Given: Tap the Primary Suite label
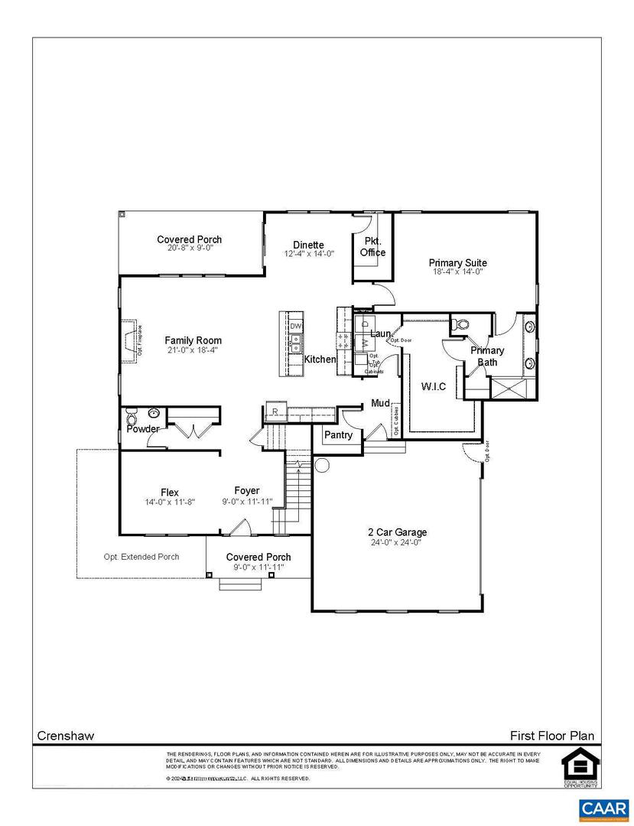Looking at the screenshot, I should click(457, 263).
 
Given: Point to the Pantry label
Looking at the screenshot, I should click(338, 435).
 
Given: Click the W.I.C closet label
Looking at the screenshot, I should click(434, 387).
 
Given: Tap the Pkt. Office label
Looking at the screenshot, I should click(372, 247).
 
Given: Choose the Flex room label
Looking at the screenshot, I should click(170, 492).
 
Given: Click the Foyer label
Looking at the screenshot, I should click(246, 491).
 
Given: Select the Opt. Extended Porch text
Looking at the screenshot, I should click(141, 557).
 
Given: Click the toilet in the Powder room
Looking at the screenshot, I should click(131, 419).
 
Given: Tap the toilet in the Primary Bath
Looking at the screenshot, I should click(460, 324).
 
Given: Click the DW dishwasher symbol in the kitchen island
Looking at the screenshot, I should click(296, 327).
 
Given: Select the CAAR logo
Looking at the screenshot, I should click(603, 808).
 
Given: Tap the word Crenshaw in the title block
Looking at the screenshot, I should click(66, 736).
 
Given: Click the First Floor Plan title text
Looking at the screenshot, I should click(551, 736).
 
